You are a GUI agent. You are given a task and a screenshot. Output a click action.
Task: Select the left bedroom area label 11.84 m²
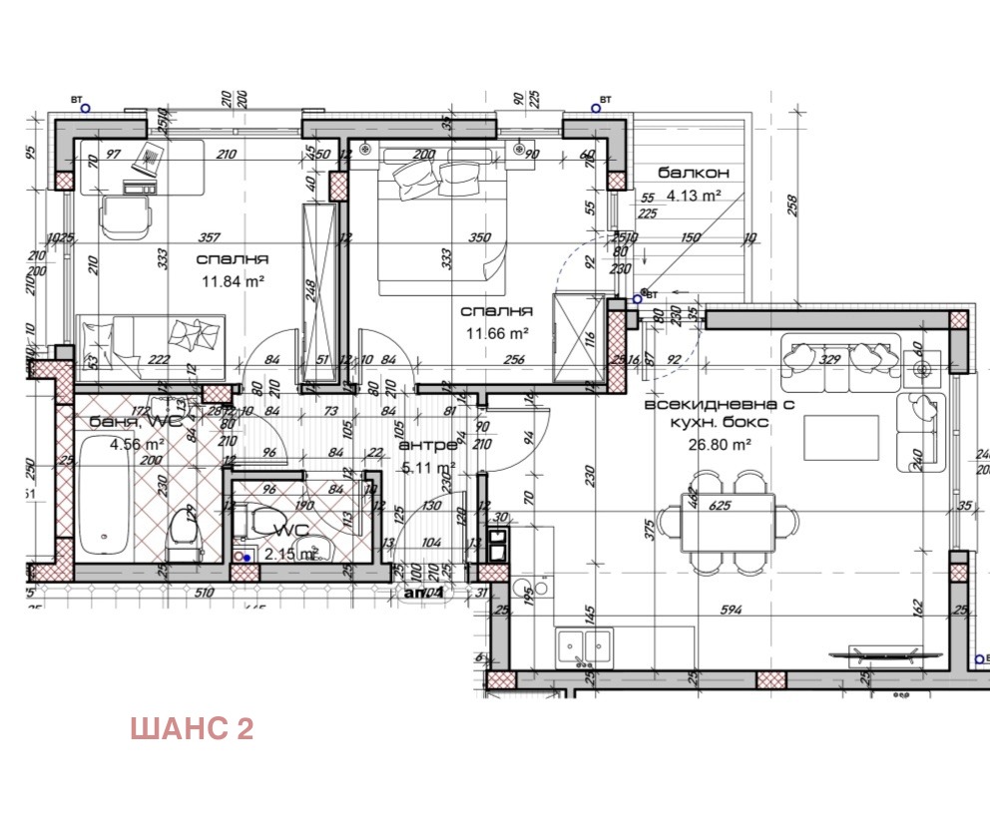point(233,281)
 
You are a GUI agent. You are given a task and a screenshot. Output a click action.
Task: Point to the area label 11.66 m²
point(495,334)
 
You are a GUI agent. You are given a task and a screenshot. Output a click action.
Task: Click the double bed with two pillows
point(437,219)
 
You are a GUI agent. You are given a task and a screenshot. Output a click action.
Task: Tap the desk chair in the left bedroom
point(126,212)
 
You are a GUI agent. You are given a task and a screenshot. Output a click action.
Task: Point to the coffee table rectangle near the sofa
point(840,436)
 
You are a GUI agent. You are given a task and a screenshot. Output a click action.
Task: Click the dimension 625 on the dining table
point(720,506)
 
